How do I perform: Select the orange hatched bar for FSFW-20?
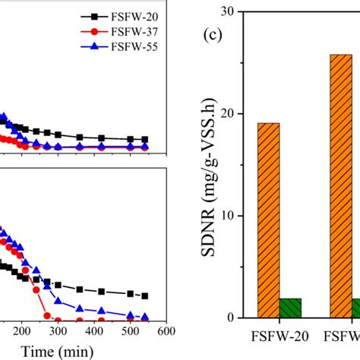[x=268, y=220]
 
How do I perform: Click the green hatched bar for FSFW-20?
[x=290, y=308]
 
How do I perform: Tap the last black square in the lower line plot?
[x=145, y=296]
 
